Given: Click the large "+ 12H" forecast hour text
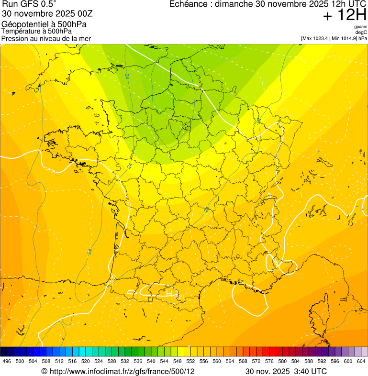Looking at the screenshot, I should [x=345, y=15].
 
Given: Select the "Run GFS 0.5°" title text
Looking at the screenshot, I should [x=29, y=4].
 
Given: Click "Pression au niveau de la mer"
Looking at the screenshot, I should [x=46, y=38].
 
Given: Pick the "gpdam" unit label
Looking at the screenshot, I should [x=360, y=27].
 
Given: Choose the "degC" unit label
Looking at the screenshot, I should [x=361, y=33].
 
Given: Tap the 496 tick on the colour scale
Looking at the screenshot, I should [x=7, y=361].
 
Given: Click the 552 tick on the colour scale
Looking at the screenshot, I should [x=190, y=361].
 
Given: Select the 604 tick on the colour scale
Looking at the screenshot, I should [x=361, y=361].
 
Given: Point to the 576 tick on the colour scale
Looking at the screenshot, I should [x=269, y=361].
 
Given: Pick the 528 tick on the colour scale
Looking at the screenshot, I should [x=112, y=361].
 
